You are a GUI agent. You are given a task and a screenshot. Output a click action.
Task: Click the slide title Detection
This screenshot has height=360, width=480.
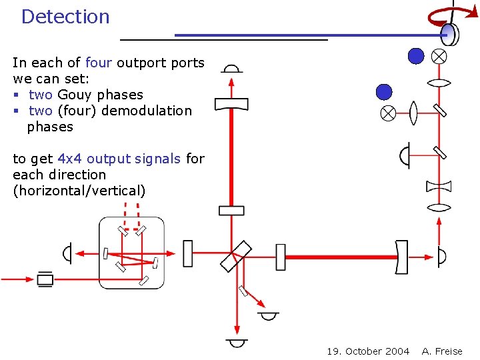pos(65,17)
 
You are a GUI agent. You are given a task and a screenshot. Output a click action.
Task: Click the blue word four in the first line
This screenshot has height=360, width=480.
pos(99,63)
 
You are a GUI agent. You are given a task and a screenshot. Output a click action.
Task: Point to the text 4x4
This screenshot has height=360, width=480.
pos(70,159)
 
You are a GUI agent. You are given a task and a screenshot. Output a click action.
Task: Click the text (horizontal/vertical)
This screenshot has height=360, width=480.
pos(79,191)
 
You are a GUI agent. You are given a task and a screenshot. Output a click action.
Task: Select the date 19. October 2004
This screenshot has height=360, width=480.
pos(368,351)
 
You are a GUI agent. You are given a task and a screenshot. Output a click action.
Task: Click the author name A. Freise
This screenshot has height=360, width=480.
pos(442,351)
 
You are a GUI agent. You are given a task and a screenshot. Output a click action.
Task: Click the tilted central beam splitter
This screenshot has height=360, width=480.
pos(236,256)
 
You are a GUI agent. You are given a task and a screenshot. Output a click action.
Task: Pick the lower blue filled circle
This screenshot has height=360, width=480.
pos(384,92)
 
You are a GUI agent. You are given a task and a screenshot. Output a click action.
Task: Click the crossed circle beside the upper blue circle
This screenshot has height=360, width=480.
pos(439,57)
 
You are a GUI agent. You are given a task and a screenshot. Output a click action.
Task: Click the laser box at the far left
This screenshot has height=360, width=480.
pos(45,279)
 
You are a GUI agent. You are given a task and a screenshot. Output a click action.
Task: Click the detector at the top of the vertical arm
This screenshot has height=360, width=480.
pos(231,69)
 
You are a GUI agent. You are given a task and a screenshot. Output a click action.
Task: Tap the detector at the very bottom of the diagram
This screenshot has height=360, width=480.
pos(237,343)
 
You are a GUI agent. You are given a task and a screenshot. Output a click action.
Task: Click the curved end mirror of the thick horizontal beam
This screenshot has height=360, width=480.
pos(401,257)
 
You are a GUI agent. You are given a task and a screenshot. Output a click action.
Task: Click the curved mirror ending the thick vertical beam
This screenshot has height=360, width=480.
pos(231,104)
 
